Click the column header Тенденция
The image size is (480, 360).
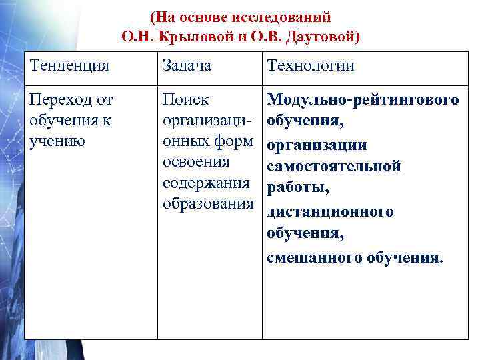[x=70, y=65]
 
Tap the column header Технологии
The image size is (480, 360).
[x=311, y=65]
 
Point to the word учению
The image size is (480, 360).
[x=58, y=141]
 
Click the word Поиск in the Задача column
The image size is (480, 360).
[x=186, y=100]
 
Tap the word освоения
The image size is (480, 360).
[x=197, y=162]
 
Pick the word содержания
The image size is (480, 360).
[x=207, y=183]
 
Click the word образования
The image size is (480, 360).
[x=208, y=203]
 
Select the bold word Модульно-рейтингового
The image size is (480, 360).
[x=363, y=100]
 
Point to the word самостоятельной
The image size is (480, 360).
[x=333, y=167]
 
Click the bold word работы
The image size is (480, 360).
[x=297, y=189]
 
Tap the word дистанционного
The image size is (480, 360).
[x=330, y=212]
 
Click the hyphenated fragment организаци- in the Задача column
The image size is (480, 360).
[x=207, y=121]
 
